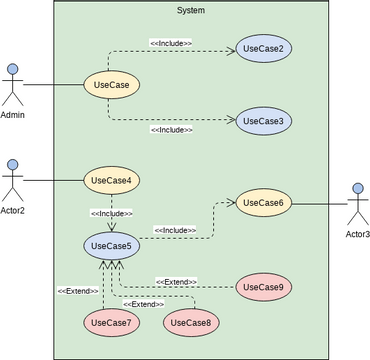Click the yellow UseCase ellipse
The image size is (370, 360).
click(110, 85)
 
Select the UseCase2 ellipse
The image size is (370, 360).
click(264, 49)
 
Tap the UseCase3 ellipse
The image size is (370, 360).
click(264, 121)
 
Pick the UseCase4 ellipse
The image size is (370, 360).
click(111, 181)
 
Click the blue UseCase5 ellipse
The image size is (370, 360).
click(111, 245)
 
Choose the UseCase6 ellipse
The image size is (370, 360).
click(264, 203)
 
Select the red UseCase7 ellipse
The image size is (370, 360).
click(111, 323)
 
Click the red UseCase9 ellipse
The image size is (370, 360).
click(264, 288)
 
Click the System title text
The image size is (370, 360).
click(190, 10)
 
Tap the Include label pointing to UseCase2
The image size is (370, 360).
click(171, 43)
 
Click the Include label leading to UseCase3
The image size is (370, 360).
click(171, 130)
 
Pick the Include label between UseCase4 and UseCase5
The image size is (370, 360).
click(111, 213)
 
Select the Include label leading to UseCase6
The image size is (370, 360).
click(175, 231)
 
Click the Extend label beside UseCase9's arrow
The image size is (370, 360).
click(176, 281)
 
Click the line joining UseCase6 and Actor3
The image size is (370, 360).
click(318, 204)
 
